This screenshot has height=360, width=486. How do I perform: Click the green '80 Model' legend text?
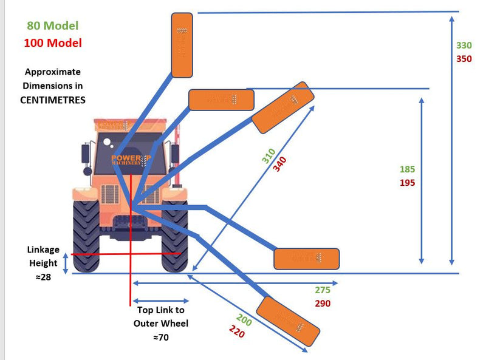pos(52,26)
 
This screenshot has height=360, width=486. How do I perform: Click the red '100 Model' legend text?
pos(52,43)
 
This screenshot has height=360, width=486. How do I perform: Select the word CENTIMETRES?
pos(53,100)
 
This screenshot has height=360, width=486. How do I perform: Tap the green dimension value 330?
pos(464,46)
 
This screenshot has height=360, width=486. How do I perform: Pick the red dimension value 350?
pos(464,58)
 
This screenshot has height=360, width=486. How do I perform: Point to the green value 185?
pos(408,169)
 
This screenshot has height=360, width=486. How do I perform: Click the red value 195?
pos(408,182)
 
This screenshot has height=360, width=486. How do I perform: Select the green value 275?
pos(323,290)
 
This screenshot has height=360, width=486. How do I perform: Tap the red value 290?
pos(323,303)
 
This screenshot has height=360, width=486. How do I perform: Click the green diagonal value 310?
pos(269,156)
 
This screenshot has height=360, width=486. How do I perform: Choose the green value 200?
pos(243,320)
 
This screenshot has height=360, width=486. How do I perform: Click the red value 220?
pos(237,331)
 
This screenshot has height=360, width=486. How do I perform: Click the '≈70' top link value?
pos(160,337)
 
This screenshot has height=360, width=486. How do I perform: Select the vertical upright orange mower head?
pos(182,46)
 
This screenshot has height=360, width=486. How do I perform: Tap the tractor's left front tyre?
pos(86,236)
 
